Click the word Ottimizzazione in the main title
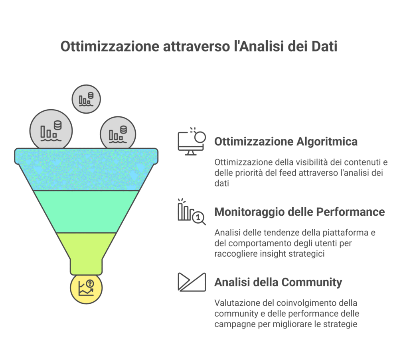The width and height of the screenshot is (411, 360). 110,47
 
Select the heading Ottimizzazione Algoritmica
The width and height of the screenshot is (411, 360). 286,142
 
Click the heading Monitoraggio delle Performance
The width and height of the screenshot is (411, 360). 299,212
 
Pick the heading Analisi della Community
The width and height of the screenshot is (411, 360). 278,283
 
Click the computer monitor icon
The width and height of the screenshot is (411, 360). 192,142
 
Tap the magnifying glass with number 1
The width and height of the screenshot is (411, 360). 199,218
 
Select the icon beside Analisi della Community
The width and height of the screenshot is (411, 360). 192,282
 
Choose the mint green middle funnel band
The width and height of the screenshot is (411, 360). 86,212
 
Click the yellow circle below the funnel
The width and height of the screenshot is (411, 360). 86,288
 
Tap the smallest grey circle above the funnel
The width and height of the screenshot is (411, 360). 86,99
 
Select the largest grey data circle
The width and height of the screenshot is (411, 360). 51,129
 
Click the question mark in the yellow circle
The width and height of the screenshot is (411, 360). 90,284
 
